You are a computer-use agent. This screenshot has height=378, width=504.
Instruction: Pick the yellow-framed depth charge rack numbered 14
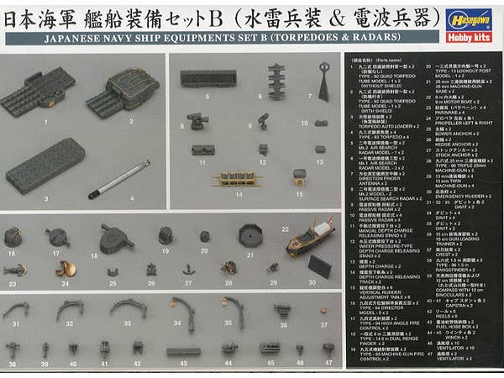pos(232,179)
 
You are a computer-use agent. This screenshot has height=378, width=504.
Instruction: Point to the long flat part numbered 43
pos(183,351)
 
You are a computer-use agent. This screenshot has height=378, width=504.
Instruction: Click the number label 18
pos(94,255)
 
